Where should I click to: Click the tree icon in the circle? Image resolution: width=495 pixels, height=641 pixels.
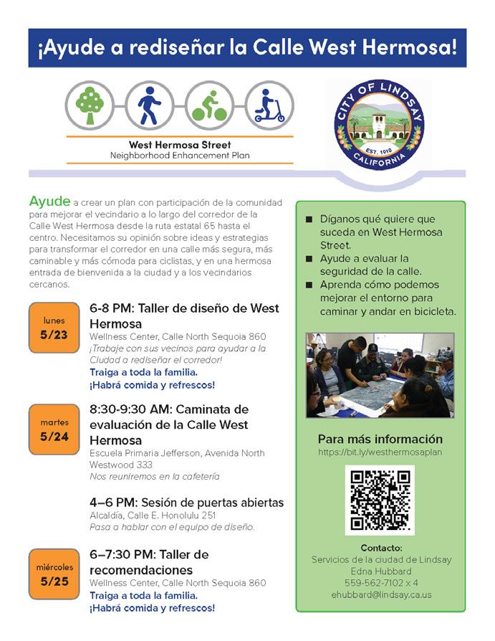click(x=90, y=105)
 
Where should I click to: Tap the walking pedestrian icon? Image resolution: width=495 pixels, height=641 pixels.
click(x=149, y=105)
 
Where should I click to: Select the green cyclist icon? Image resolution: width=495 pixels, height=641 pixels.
click(x=209, y=105)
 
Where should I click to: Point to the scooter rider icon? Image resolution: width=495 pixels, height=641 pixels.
click(x=269, y=105)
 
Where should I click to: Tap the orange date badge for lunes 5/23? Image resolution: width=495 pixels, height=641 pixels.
click(x=54, y=328)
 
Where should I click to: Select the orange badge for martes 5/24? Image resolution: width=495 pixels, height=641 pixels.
click(x=54, y=429)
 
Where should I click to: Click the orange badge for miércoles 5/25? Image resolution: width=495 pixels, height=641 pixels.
click(x=54, y=574)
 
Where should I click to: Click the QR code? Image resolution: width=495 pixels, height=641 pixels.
click(x=380, y=500)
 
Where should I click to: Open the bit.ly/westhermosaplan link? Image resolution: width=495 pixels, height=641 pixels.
click(x=380, y=453)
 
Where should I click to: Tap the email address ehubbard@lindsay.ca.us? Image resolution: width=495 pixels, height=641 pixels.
click(x=381, y=594)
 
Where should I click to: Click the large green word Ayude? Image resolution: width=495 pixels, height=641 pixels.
click(x=49, y=201)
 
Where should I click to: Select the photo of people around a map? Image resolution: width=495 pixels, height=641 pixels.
click(x=380, y=375)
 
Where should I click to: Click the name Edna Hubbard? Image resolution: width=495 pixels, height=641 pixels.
click(x=381, y=571)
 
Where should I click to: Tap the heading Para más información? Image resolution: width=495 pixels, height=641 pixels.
click(x=380, y=439)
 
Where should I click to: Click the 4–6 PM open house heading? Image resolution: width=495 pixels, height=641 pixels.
click(x=186, y=502)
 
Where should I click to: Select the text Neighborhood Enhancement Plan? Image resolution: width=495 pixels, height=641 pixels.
click(x=180, y=156)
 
